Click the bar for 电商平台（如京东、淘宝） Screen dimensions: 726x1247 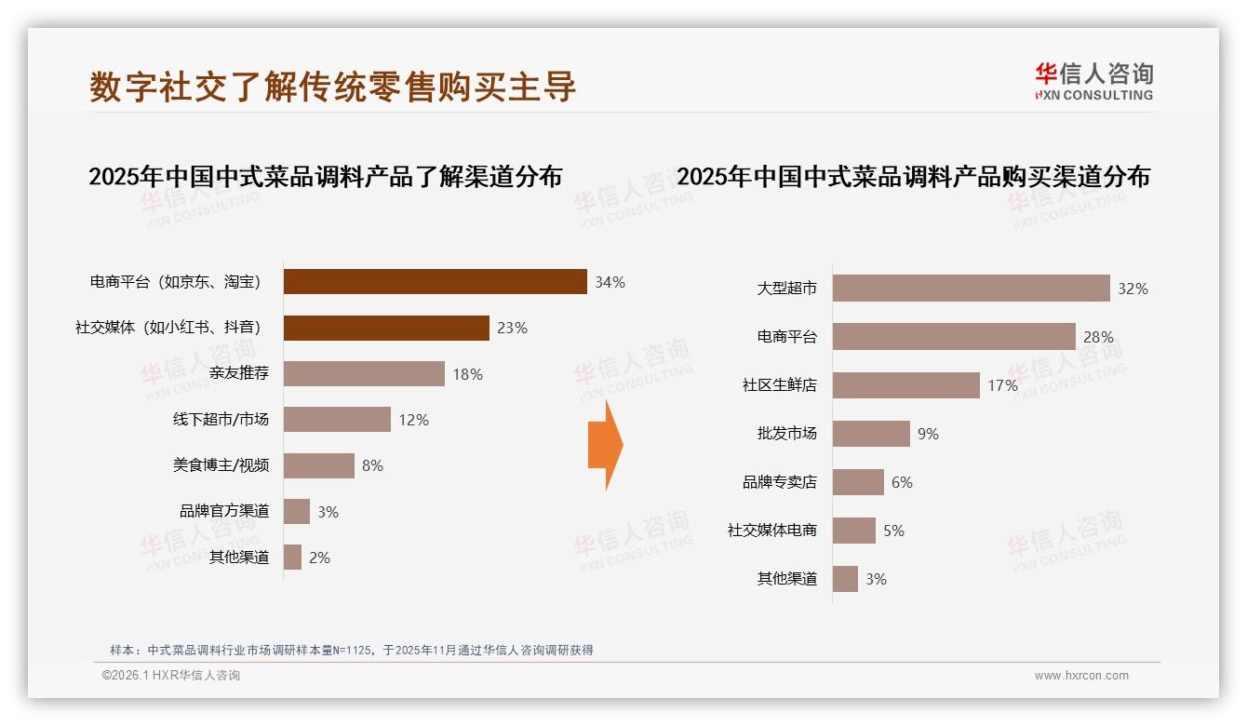[x=435, y=282]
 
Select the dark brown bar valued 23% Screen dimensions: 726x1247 [x=386, y=328]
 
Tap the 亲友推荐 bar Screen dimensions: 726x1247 [x=364, y=374]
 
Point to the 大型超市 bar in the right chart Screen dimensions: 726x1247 [x=971, y=289]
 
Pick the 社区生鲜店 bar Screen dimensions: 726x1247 [x=905, y=385]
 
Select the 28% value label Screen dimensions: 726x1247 [x=1098, y=337]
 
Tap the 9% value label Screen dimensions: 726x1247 [x=928, y=434]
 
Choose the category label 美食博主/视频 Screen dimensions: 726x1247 [x=221, y=465]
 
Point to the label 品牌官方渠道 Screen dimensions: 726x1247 [x=224, y=512]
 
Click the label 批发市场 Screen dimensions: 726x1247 [x=786, y=434]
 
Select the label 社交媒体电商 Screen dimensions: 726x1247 [x=771, y=531]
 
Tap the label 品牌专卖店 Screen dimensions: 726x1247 [x=779, y=482]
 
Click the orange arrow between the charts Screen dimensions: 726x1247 [x=606, y=445]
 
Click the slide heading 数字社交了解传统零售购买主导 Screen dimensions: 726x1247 [x=333, y=87]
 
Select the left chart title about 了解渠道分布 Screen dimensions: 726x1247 [x=325, y=176]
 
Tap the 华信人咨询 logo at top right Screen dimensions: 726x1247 [x=1093, y=81]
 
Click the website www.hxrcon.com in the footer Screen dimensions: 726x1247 [x=1080, y=676]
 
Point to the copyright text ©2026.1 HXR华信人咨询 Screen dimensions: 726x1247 [x=170, y=676]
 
